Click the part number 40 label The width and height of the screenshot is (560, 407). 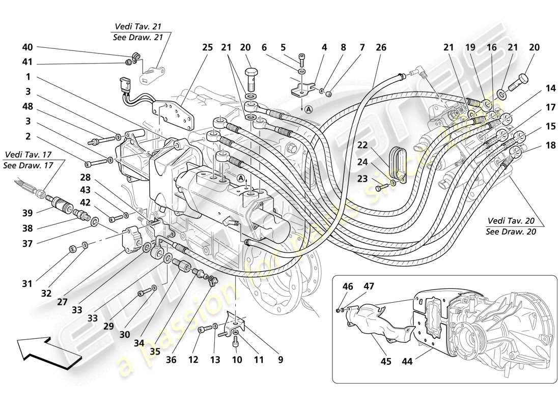[27, 47]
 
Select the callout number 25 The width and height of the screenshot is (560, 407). [207, 47]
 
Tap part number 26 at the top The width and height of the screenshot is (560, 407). [381, 47]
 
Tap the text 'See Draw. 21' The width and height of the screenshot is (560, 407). [141, 37]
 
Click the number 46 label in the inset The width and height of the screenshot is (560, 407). [348, 287]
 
